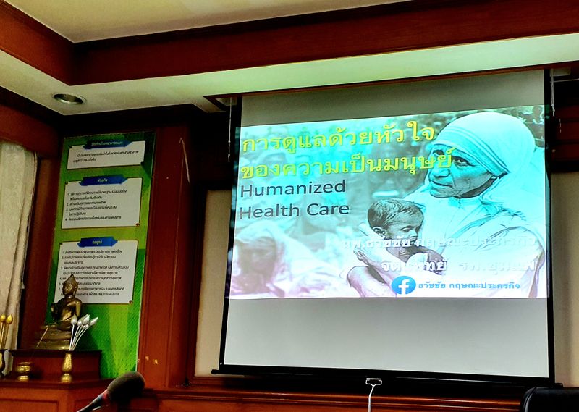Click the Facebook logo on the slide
(x=404, y=285)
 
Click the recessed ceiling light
(x=69, y=98)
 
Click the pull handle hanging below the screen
(x=373, y=386)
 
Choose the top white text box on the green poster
(x=106, y=154)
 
